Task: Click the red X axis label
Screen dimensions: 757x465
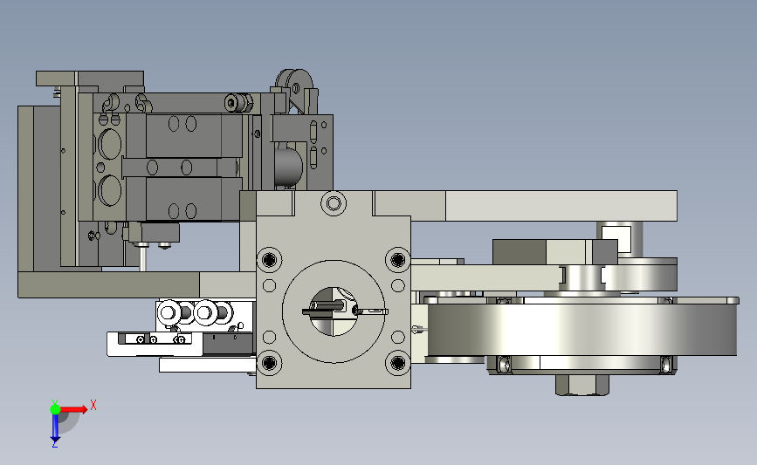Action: click(x=93, y=405)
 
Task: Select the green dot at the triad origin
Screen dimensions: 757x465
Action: click(x=55, y=409)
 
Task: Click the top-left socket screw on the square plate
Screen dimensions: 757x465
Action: click(x=270, y=259)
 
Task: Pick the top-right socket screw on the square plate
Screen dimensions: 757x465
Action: click(x=397, y=259)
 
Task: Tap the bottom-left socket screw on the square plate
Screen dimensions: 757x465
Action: click(x=270, y=362)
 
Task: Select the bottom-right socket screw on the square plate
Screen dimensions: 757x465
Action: click(x=397, y=362)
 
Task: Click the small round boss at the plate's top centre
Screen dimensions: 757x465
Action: click(x=334, y=203)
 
